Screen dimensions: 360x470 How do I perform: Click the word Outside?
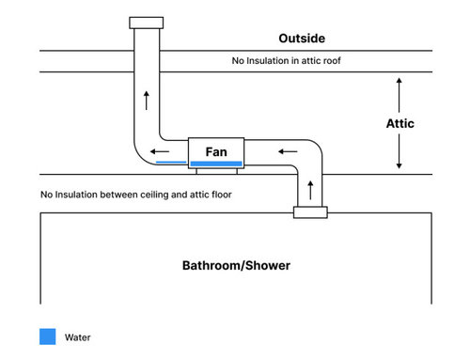[303, 39]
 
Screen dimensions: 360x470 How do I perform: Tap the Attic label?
[399, 123]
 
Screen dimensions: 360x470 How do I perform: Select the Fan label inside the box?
[216, 150]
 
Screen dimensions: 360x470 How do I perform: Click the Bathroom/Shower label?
[236, 265]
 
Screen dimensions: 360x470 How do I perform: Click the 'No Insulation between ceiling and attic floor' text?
[135, 195]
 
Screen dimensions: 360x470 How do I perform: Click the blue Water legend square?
[47, 337]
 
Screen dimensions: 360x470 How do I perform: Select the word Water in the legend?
[78, 337]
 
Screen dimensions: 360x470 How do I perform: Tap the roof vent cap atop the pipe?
[146, 21]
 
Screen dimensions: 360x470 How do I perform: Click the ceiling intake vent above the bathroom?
[310, 212]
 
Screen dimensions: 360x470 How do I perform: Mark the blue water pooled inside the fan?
[216, 164]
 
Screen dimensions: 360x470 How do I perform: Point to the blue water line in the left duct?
[170, 163]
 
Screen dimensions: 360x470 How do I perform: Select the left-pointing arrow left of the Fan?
[162, 149]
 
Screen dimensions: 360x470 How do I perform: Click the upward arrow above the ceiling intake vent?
[310, 191]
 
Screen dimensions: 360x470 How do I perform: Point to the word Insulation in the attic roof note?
[269, 61]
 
